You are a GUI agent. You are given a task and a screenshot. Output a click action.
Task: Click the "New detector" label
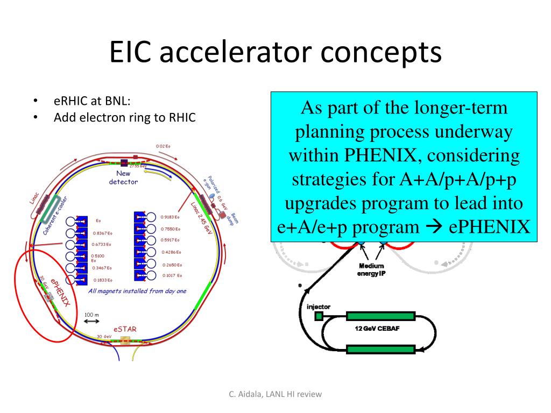tap(123, 177)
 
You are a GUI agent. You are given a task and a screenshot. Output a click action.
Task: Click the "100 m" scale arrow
tap(91, 322)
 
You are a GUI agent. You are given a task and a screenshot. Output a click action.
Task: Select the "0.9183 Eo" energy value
tap(169, 217)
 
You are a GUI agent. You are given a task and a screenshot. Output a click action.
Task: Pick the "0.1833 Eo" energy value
tap(102, 280)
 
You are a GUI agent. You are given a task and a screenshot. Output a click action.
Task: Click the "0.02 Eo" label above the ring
tap(163, 146)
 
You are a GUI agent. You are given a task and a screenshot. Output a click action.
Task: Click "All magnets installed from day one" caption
tap(137, 291)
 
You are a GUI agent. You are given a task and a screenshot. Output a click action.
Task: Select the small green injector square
tap(319, 316)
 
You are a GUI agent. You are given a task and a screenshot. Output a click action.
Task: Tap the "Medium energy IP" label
tap(371, 269)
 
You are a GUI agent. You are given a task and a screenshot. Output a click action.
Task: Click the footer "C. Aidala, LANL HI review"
tap(275, 394)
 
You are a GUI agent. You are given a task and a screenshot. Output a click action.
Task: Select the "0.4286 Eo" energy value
tap(170, 252)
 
